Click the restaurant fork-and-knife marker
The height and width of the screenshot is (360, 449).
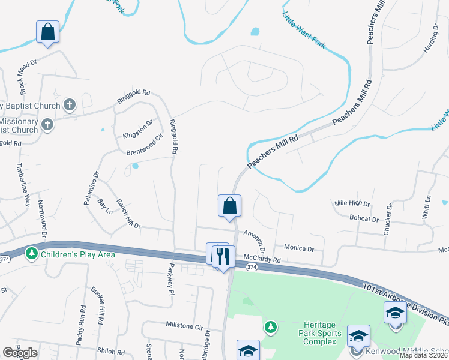tap(224, 256)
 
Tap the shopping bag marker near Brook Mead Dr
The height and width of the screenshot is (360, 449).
tap(48, 31)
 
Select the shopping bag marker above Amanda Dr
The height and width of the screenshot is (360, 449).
tap(229, 206)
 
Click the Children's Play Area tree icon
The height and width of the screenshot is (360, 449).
tap(32, 254)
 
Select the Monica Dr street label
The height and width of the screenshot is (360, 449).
tap(299, 248)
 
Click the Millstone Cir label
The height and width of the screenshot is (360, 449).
tap(184, 325)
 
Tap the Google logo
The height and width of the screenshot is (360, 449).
tap(20, 353)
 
